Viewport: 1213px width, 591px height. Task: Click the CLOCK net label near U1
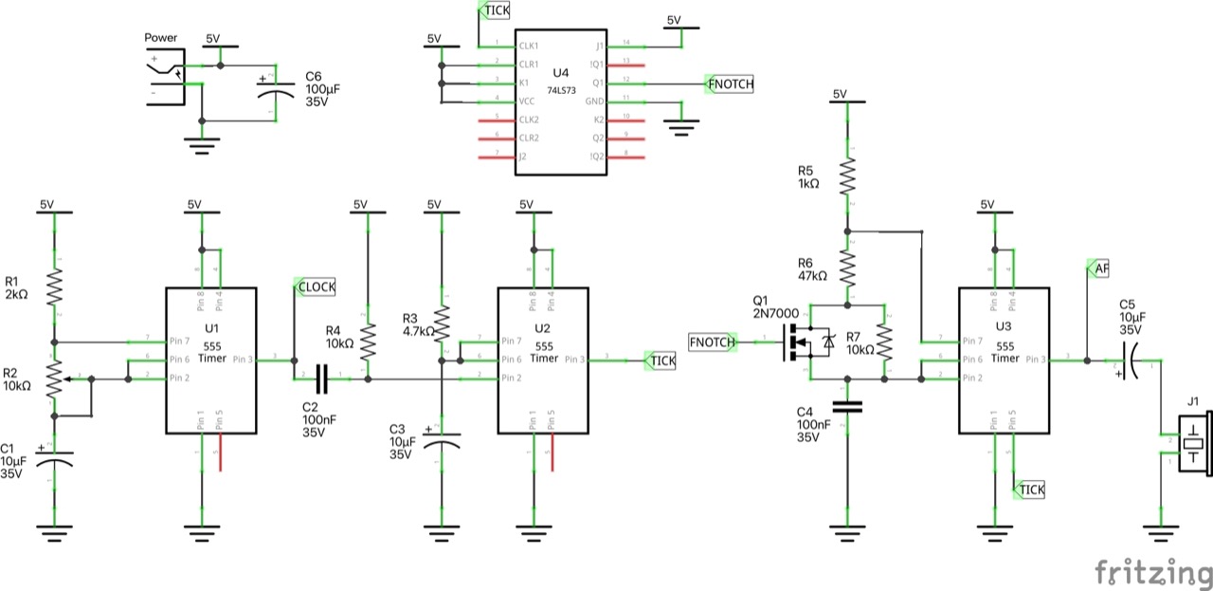pos(317,286)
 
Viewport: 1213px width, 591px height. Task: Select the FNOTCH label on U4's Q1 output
pos(732,83)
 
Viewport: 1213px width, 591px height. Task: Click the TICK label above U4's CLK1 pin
pos(494,9)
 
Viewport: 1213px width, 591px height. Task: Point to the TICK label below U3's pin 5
pos(1030,489)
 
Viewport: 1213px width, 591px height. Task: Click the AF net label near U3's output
pos(1099,269)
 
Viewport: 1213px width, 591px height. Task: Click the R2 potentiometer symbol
pos(55,379)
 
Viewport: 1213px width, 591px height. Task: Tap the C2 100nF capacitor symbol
pos(321,379)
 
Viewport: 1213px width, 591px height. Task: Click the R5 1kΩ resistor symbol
pos(847,176)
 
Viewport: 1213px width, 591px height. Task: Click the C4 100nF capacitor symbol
pos(847,407)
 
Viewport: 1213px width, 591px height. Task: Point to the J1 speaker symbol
pos(1192,443)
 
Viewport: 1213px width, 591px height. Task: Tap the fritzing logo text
pos(1152,573)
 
